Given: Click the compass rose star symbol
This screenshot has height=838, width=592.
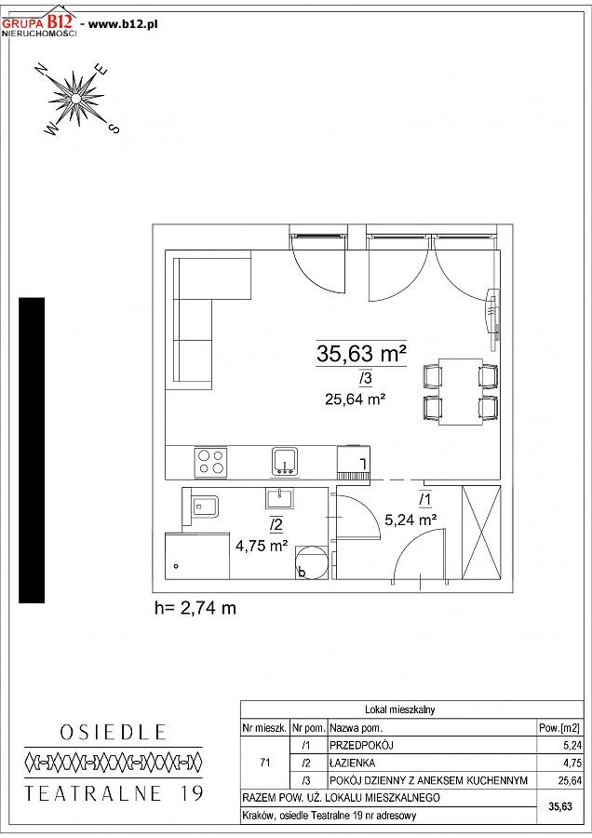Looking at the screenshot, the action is pyautogui.click(x=76, y=99).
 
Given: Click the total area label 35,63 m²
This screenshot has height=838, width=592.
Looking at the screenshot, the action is pyautogui.click(x=361, y=353).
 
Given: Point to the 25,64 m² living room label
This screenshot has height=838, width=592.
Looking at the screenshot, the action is pyautogui.click(x=356, y=399).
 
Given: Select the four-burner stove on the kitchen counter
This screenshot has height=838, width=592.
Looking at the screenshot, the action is pyautogui.click(x=210, y=462).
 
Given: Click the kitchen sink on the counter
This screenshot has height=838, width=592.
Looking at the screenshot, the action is pyautogui.click(x=286, y=462).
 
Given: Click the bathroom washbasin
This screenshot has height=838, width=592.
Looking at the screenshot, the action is pyautogui.click(x=278, y=498).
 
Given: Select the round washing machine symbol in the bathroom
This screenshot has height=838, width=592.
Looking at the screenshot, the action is pyautogui.click(x=310, y=562).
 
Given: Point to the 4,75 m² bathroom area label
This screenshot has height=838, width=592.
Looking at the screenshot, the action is pyautogui.click(x=262, y=546).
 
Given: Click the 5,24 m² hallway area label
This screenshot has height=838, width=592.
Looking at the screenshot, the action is pyautogui.click(x=411, y=519).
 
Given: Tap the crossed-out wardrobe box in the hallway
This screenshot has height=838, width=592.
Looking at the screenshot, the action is pyautogui.click(x=481, y=533).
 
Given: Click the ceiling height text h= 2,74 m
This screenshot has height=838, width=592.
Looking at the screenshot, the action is pyautogui.click(x=195, y=608).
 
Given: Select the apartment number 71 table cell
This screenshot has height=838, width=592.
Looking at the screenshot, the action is pyautogui.click(x=265, y=763).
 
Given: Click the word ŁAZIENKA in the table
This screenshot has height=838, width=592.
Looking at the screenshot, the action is pyautogui.click(x=352, y=763).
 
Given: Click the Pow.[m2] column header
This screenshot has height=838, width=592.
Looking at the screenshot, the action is pyautogui.click(x=558, y=727).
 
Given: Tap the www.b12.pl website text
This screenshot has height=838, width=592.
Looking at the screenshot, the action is pyautogui.click(x=122, y=24).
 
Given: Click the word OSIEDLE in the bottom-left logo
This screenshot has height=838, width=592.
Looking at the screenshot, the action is pyautogui.click(x=113, y=732).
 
